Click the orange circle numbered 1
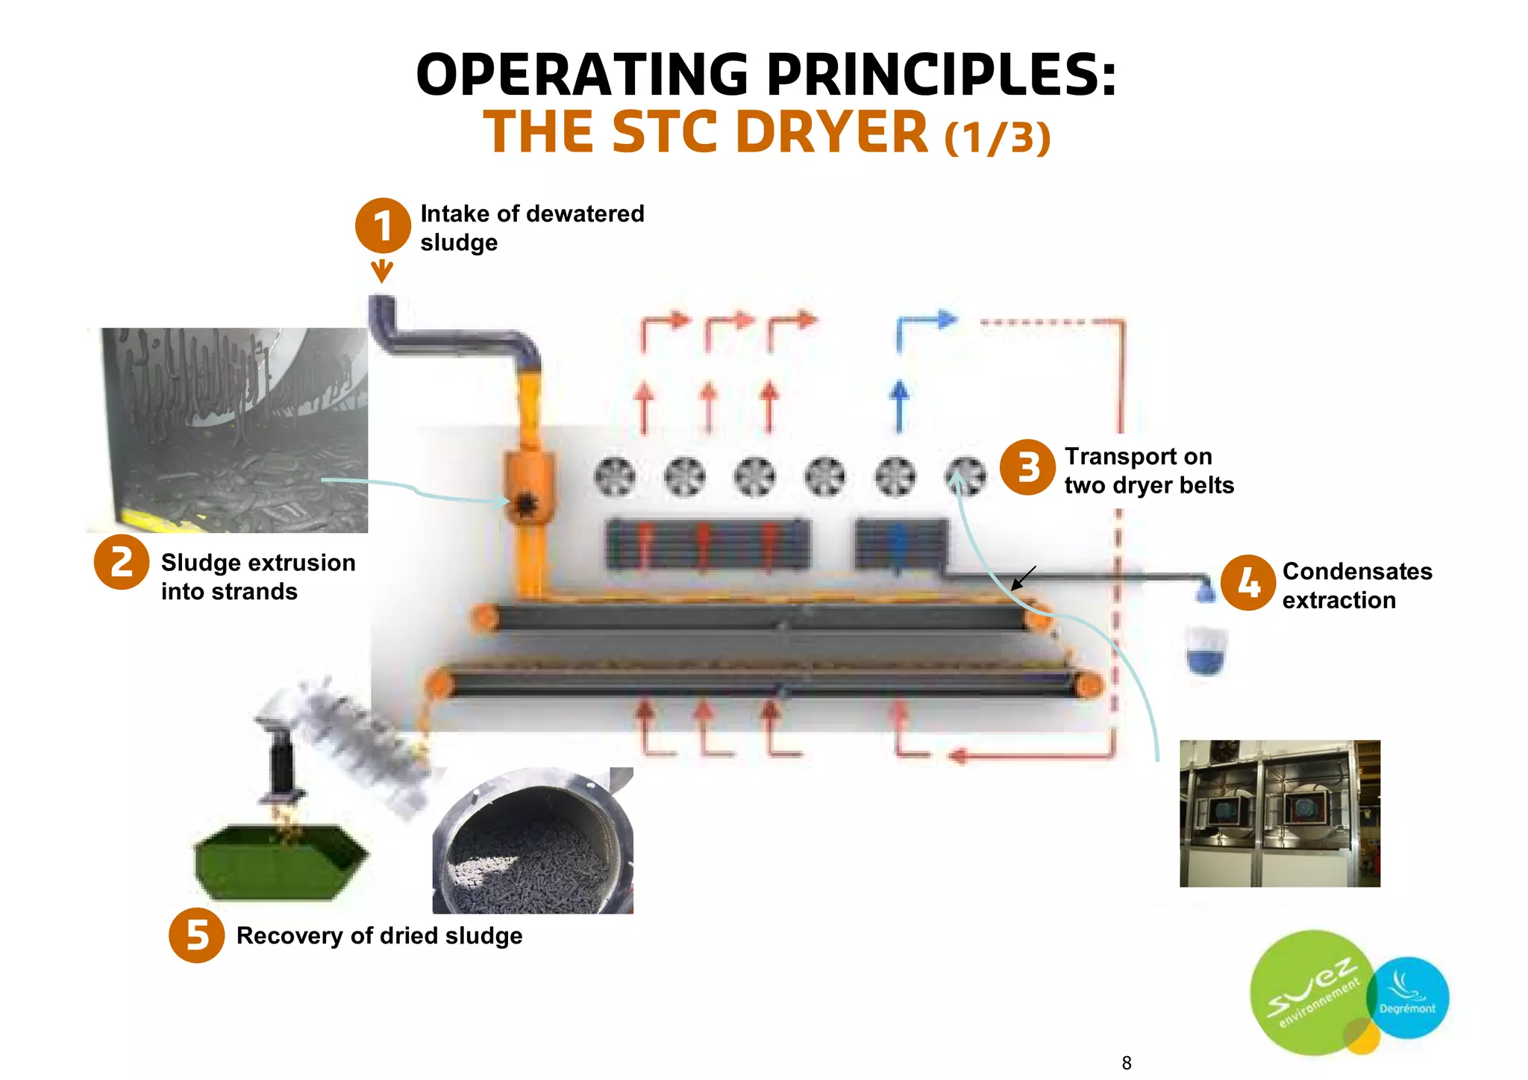[x=382, y=225]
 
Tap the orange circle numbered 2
[x=122, y=562]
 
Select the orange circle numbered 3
[x=1027, y=468]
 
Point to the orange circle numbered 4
[x=1248, y=583]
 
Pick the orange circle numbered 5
[x=196, y=934]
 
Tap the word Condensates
[x=1356, y=571]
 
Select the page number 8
[x=1126, y=1062]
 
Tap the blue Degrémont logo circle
[x=1409, y=998]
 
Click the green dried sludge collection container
[x=280, y=862]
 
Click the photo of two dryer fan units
[x=1280, y=813]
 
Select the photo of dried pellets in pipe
[x=532, y=840]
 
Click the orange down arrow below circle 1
[x=382, y=271]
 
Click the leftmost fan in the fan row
[x=615, y=476]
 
